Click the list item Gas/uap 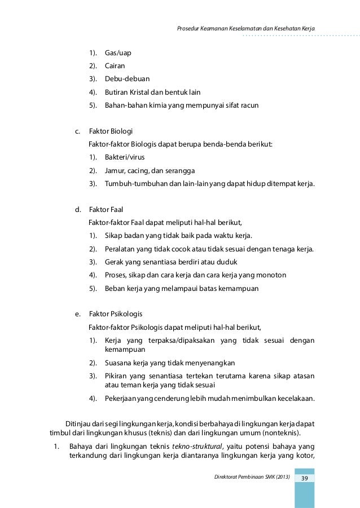pyautogui.click(x=118, y=53)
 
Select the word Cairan pyautogui.click(x=115, y=65)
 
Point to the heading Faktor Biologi pyautogui.click(x=111, y=131)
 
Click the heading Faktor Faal pyautogui.click(x=106, y=209)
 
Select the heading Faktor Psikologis pyautogui.click(x=116, y=313)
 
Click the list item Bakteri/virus pyautogui.click(x=125, y=157)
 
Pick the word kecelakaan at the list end pyautogui.click(x=293, y=399)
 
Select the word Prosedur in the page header pyautogui.click(x=190, y=28)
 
